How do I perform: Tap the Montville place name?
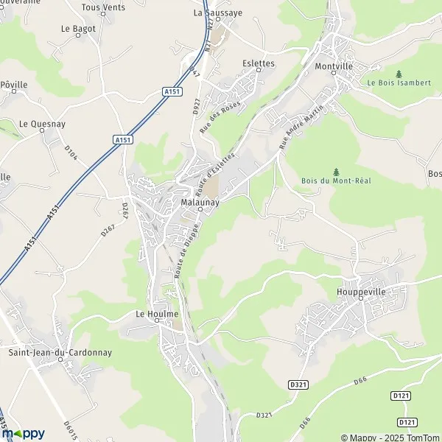click(334, 66)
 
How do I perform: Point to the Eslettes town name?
click(259, 64)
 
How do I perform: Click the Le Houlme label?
click(158, 314)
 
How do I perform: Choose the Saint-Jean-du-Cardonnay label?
click(60, 352)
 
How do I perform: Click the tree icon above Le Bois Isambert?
click(399, 74)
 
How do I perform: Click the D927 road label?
click(197, 106)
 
